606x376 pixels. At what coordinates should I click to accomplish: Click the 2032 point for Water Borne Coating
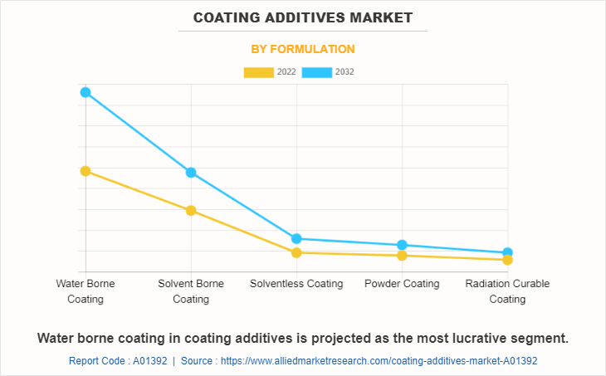86,92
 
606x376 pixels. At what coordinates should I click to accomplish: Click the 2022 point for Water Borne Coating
86,171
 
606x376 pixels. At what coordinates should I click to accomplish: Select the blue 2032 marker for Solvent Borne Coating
191,173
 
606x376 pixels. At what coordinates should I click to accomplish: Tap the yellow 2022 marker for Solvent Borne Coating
191,211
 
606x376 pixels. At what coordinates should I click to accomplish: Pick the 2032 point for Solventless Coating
296,239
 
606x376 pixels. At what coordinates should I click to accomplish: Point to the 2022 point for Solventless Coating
296,252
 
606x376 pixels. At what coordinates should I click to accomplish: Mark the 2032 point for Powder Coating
402,245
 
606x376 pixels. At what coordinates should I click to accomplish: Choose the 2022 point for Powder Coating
402,256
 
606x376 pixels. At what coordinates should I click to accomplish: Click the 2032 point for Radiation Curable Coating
507,252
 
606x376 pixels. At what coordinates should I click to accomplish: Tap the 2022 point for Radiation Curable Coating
507,260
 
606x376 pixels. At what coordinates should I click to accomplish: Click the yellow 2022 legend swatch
258,72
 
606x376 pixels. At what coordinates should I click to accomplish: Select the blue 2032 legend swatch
316,72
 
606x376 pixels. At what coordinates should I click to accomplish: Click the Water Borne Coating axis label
86,291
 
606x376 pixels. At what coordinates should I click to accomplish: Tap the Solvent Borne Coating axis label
191,291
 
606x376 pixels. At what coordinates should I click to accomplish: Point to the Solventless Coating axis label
296,284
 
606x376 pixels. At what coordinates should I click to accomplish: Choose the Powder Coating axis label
402,284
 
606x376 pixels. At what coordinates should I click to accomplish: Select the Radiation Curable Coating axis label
507,291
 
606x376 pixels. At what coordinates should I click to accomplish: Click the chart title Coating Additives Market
303,17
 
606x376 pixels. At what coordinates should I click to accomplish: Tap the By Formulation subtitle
303,49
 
